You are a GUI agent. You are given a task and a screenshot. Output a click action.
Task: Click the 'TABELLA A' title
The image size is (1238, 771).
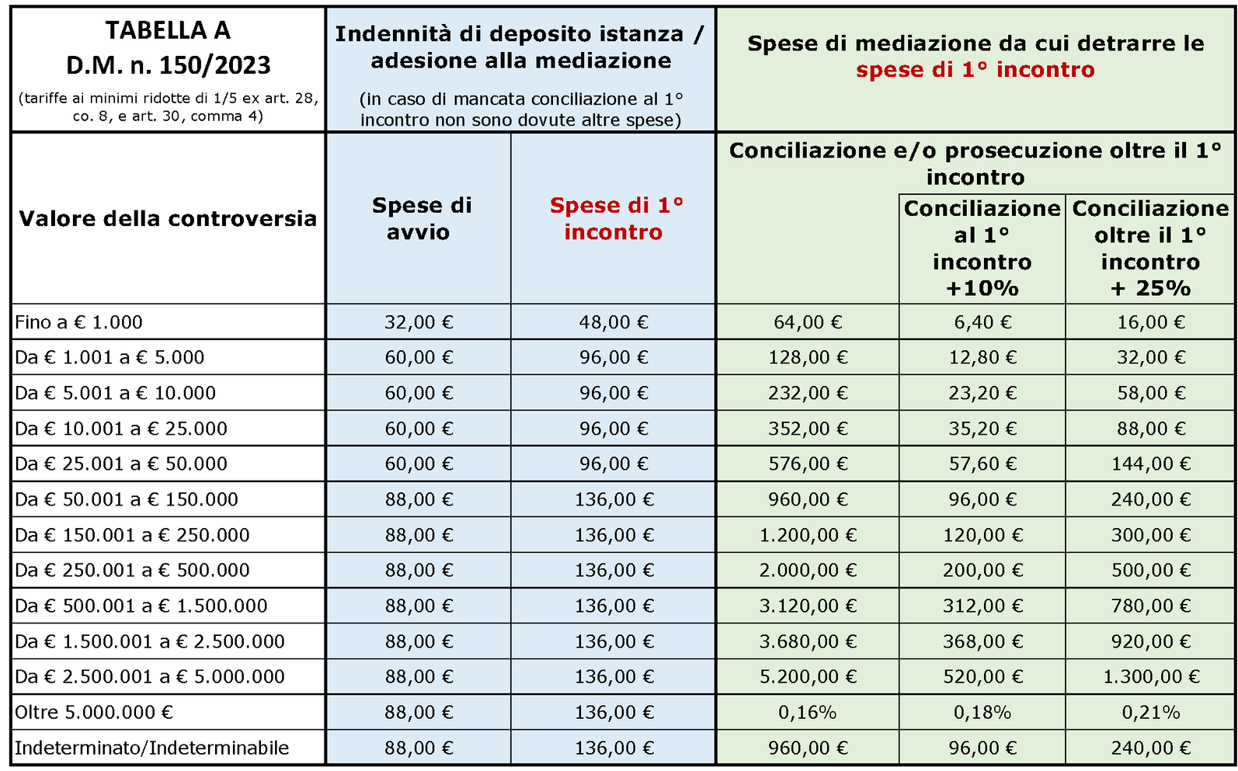tap(168, 30)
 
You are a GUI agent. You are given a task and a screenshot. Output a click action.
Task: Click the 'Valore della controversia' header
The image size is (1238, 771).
tap(168, 219)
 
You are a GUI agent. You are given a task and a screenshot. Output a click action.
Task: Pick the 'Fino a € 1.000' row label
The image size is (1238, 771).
tap(78, 321)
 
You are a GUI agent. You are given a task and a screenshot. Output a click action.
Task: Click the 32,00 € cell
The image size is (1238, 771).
tap(419, 321)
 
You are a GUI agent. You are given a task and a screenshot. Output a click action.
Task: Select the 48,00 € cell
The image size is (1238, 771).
tap(614, 321)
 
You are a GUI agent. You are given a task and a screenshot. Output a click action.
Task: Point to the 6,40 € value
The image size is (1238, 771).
tap(982, 321)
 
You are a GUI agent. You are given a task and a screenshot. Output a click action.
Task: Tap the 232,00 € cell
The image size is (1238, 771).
tap(808, 393)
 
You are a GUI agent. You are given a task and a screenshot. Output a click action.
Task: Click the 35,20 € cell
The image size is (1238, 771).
tap(982, 429)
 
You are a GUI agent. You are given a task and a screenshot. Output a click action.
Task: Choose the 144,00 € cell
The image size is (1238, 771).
tap(1151, 464)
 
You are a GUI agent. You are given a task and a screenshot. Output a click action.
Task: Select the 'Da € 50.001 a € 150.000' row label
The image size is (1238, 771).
tap(127, 499)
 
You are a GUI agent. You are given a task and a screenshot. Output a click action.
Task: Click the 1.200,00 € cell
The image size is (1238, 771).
tap(808, 535)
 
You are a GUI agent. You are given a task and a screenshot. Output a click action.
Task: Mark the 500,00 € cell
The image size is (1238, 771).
tap(1151, 570)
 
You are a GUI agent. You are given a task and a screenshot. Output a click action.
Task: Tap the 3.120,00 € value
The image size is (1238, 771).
tap(808, 606)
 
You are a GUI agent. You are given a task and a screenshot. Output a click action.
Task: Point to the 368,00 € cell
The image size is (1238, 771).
tap(982, 641)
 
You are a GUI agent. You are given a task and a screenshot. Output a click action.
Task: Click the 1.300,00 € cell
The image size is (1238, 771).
tap(1151, 676)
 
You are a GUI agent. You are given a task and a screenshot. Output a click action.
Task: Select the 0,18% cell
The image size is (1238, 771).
tap(982, 712)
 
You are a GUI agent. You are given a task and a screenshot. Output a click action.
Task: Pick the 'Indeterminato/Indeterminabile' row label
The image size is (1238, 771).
tap(152, 748)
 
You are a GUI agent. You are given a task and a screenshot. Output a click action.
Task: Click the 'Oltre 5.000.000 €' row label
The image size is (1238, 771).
tap(94, 712)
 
